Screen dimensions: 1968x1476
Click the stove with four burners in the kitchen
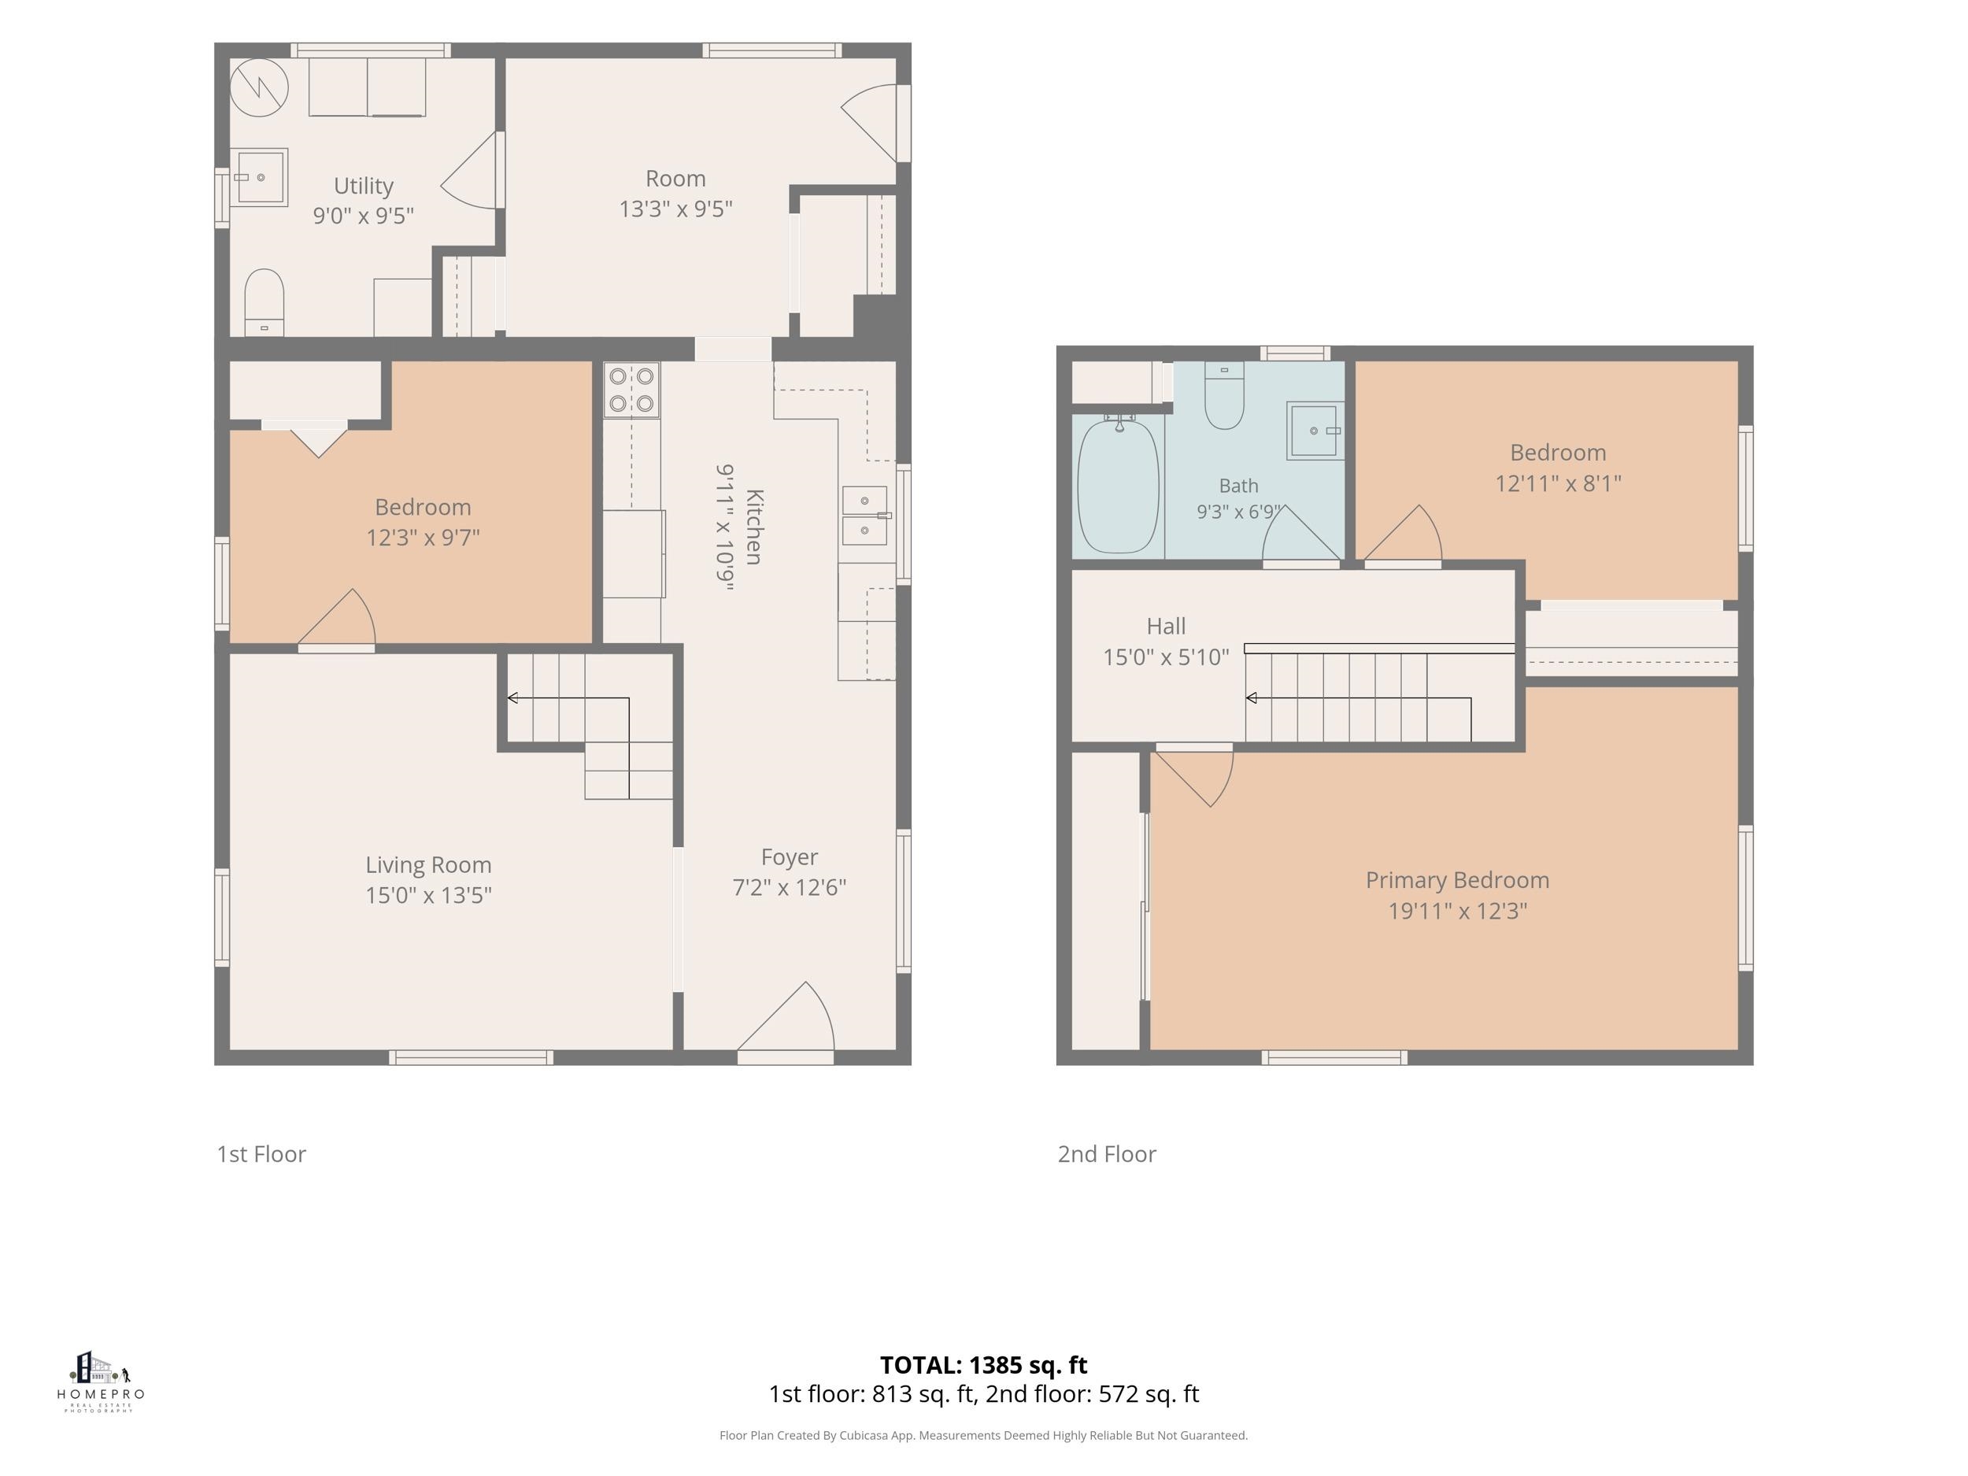tap(631, 390)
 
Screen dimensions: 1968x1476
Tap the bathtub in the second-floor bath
tap(1119, 486)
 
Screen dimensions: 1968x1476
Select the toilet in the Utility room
tap(264, 302)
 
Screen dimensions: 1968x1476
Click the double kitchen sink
tap(865, 515)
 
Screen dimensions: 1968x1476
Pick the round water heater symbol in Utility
tap(260, 88)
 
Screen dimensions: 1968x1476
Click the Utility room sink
tap(260, 177)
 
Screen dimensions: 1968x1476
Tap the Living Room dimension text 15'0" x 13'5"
tap(429, 895)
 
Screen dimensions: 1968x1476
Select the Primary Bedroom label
tap(1457, 880)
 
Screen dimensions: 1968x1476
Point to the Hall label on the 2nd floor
tap(1167, 627)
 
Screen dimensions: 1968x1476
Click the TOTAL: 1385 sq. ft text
tap(984, 1365)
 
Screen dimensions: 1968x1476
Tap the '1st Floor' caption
tap(261, 1154)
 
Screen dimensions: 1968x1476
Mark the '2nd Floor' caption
tap(1107, 1154)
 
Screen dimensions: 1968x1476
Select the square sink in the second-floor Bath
tap(1315, 431)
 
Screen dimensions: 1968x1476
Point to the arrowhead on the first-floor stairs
tap(512, 697)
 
